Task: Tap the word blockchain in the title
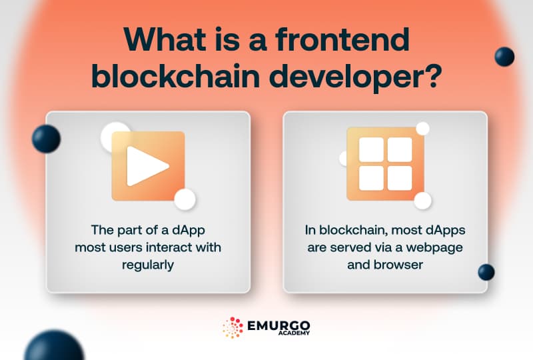[165, 77]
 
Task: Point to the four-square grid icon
[386, 164]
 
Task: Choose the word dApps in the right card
[447, 230]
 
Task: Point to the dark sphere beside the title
[504, 57]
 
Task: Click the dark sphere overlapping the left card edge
[46, 139]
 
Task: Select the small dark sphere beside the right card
[486, 272]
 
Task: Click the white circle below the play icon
[185, 199]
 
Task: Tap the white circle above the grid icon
[422, 129]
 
